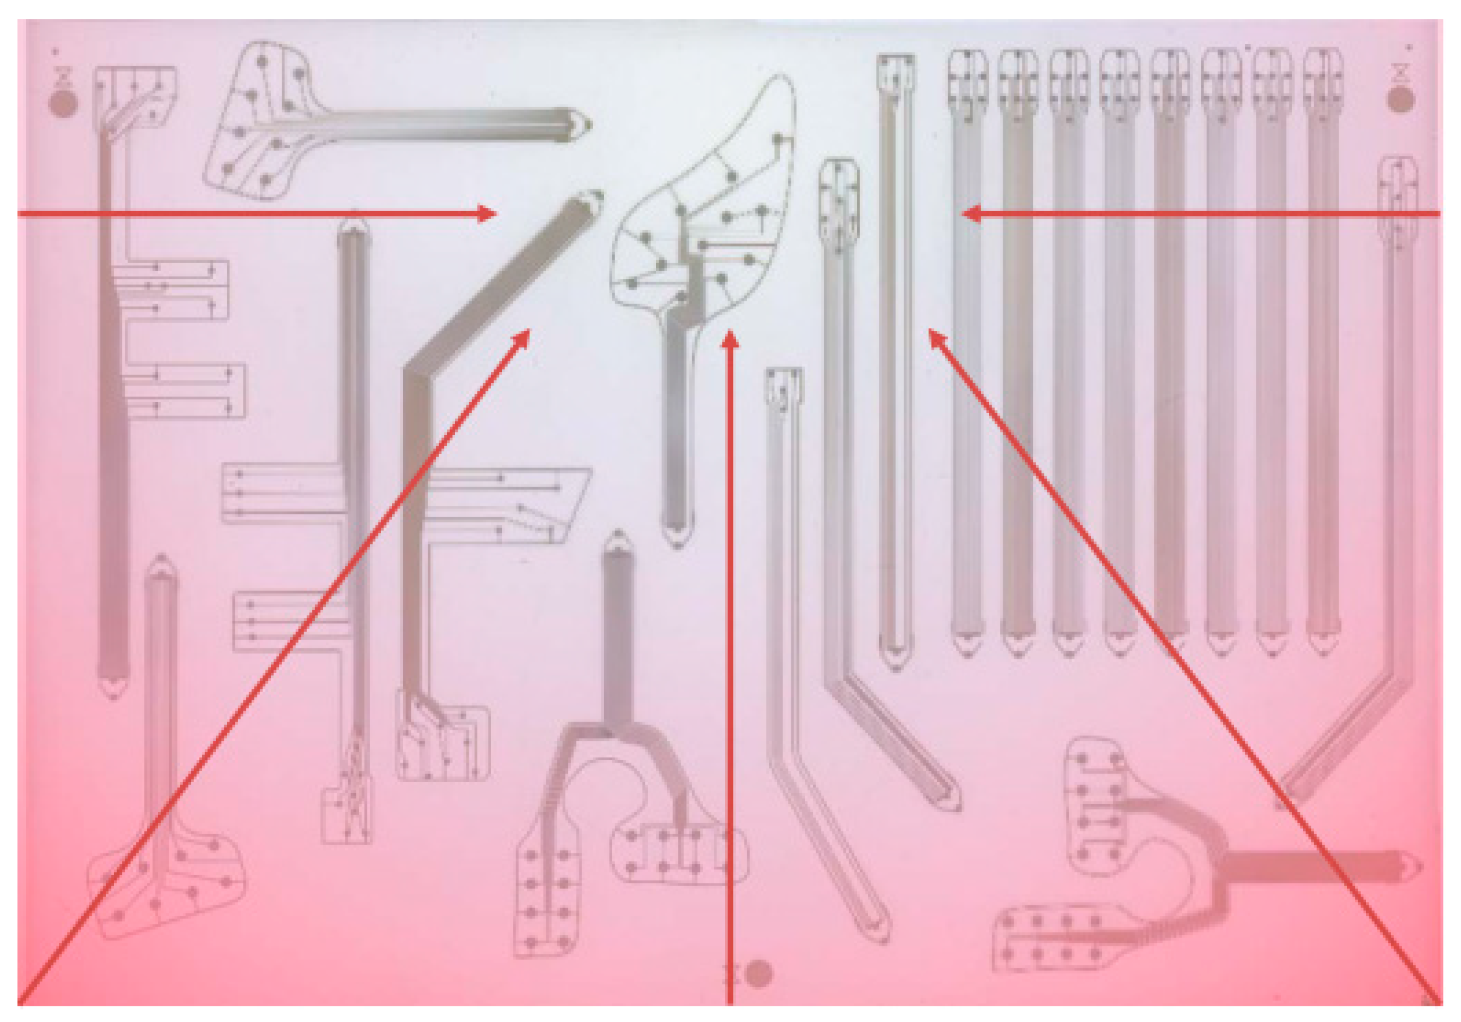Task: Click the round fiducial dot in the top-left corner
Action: [x=63, y=104]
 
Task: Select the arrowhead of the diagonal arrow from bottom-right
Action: [x=935, y=336]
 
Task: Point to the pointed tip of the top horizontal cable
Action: [x=587, y=125]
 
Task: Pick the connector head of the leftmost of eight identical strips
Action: [x=967, y=80]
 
